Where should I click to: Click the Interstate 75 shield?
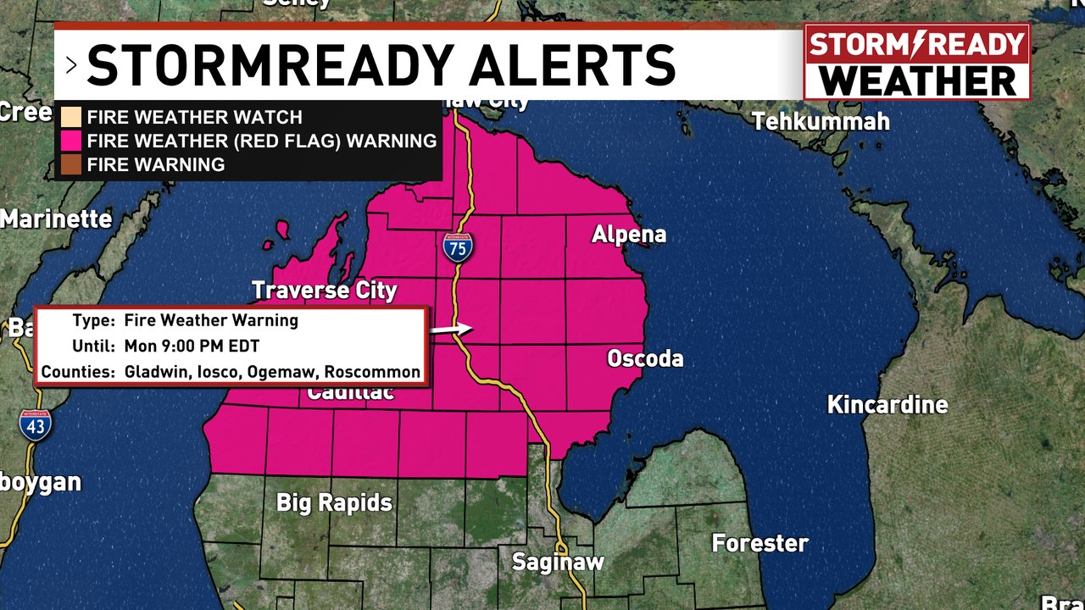pyautogui.click(x=458, y=247)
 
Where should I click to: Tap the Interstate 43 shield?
pyautogui.click(x=35, y=424)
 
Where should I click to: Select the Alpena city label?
pyautogui.click(x=629, y=235)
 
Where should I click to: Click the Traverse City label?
pyautogui.click(x=325, y=291)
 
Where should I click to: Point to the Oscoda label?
pyautogui.click(x=645, y=359)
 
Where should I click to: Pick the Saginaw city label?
pyautogui.click(x=558, y=562)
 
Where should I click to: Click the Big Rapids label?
pyautogui.click(x=334, y=502)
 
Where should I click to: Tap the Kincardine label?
pyautogui.click(x=887, y=405)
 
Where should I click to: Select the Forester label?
pyautogui.click(x=759, y=543)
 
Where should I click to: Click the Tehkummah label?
pyautogui.click(x=821, y=122)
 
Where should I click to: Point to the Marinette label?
pyautogui.click(x=56, y=219)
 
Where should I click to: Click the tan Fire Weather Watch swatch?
pyautogui.click(x=71, y=117)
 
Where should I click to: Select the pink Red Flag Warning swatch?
pyautogui.click(x=71, y=141)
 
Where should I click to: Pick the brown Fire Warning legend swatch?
pyautogui.click(x=71, y=164)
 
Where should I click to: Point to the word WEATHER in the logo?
pyautogui.click(x=919, y=80)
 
